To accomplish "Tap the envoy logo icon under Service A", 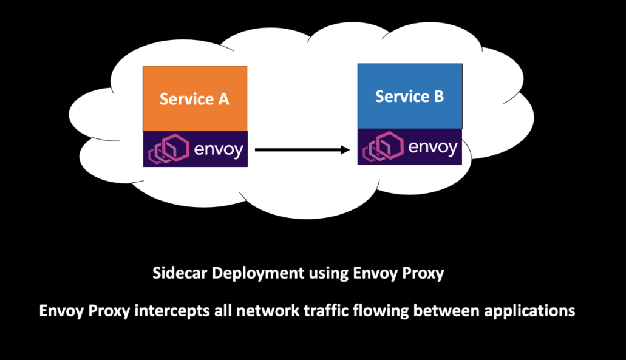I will point(167,149).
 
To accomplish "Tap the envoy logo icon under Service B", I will point(382,147).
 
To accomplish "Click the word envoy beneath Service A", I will point(219,149).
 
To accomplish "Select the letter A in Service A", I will point(223,99).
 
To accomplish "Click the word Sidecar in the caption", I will point(174,273).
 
